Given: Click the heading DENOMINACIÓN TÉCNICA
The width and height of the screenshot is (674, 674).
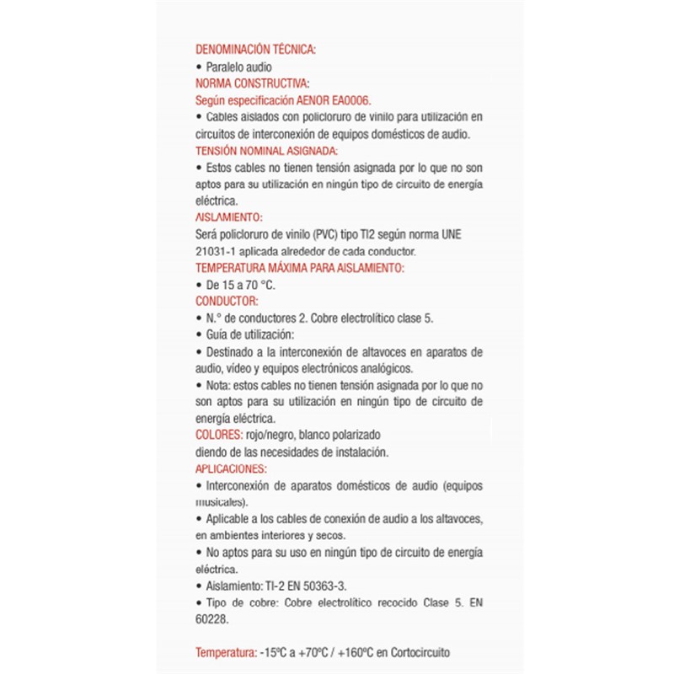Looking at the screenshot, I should click(x=255, y=50).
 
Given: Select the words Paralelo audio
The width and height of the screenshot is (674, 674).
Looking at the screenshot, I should click(x=239, y=67).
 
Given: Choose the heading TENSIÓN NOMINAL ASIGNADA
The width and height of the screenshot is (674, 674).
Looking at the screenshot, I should click(x=266, y=151).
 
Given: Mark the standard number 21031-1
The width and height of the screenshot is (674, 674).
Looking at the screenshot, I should click(x=215, y=251).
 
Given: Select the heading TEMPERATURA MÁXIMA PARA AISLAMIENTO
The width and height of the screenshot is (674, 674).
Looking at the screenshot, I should click(x=300, y=268).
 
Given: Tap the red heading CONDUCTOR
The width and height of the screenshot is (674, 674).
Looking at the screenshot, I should click(x=227, y=301).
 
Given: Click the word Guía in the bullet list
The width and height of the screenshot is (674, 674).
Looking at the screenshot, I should click(x=217, y=334).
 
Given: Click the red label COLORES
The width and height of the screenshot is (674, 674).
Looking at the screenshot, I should click(x=218, y=436).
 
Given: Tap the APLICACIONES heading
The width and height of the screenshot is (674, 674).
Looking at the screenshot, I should click(x=231, y=469).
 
